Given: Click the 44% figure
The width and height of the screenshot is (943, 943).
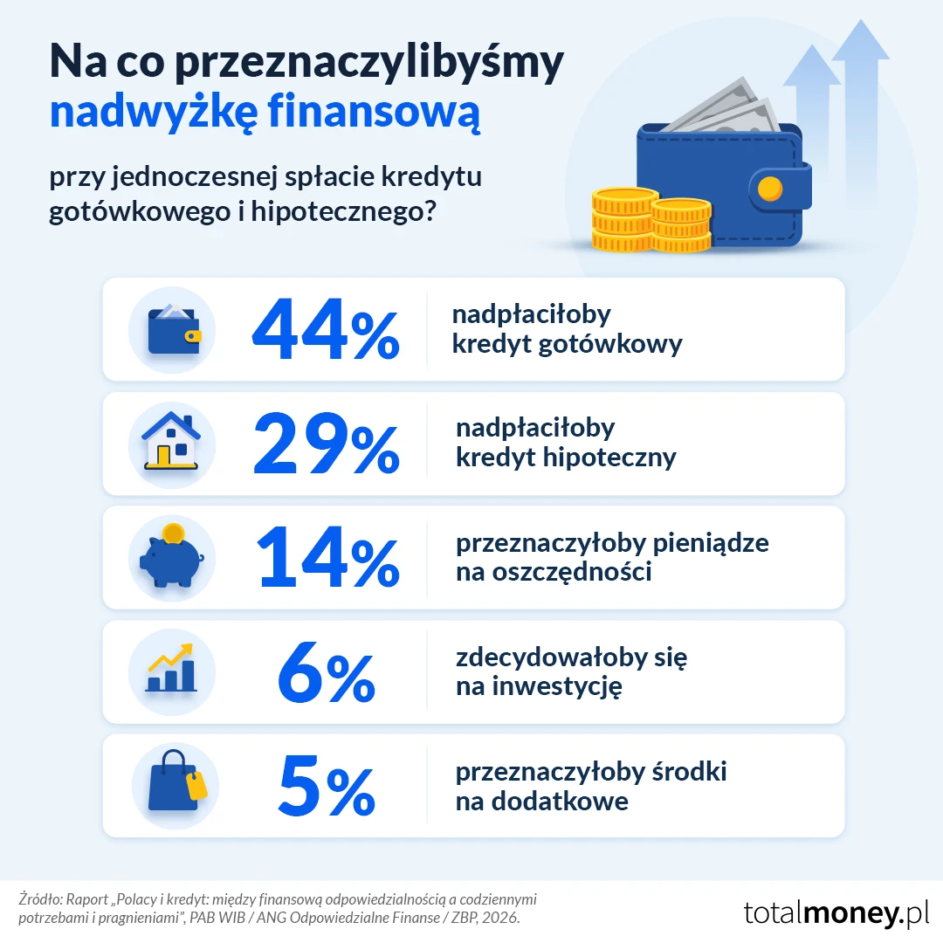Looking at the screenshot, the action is (x=326, y=329).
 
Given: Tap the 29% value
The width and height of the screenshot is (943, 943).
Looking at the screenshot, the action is (x=327, y=444).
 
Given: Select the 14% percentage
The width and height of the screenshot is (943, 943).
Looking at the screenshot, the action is (x=327, y=557).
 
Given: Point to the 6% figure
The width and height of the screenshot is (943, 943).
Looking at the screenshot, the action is (x=327, y=671).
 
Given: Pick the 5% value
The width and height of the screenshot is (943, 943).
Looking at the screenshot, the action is (x=327, y=786).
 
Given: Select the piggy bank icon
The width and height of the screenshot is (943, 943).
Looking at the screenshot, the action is (x=172, y=555).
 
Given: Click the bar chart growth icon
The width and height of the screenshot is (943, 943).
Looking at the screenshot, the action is (x=171, y=668).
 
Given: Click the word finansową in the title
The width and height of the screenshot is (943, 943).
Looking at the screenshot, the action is (x=374, y=113).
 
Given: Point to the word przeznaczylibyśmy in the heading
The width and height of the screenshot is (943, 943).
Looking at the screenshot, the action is (x=369, y=63).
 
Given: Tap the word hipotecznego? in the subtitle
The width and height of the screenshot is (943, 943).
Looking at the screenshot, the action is (x=343, y=211).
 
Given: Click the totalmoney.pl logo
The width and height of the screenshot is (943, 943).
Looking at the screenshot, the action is (x=836, y=912).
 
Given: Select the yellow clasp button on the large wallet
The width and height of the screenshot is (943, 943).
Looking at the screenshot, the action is (x=770, y=189).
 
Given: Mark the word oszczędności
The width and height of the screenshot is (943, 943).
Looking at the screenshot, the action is (x=572, y=572).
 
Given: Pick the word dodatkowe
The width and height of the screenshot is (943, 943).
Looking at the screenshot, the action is (x=560, y=801).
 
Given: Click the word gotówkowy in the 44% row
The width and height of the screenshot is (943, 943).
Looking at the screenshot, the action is (x=610, y=344).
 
